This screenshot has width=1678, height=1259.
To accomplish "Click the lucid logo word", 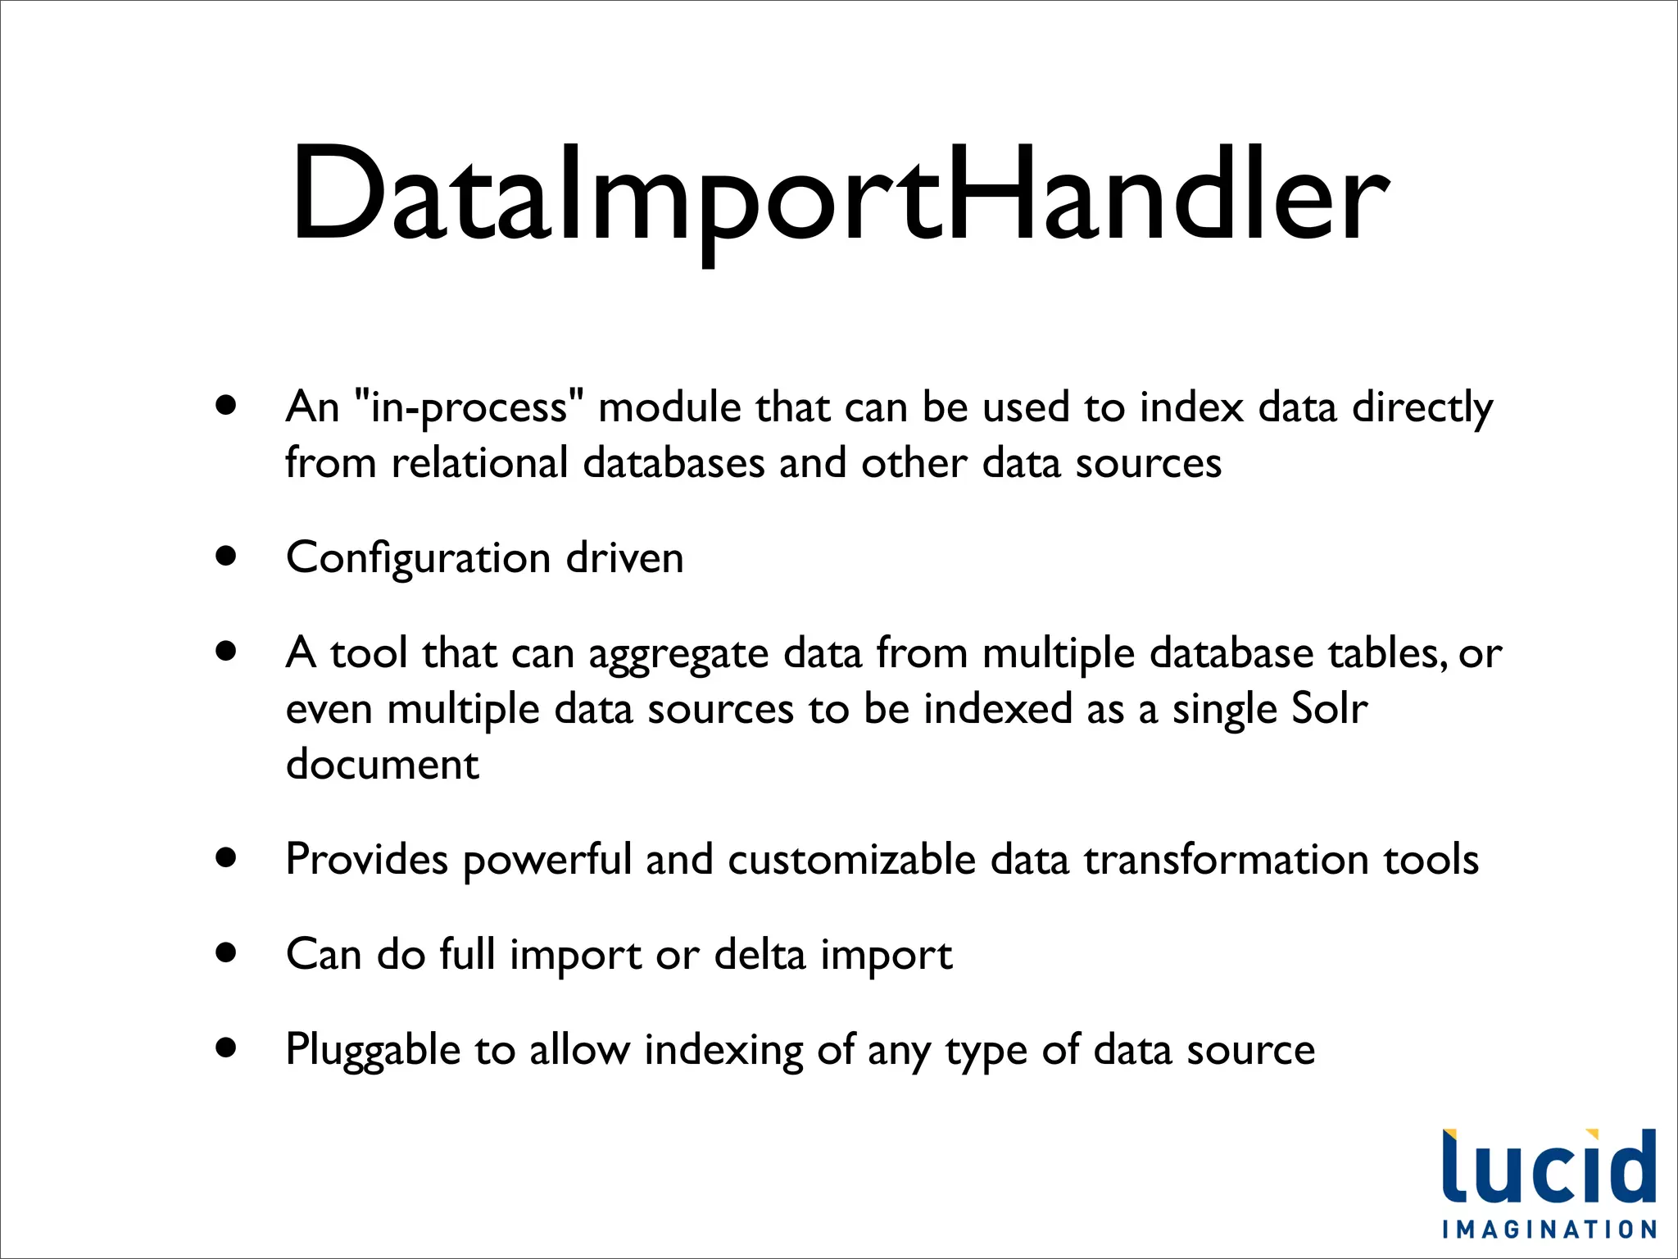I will [1549, 1167].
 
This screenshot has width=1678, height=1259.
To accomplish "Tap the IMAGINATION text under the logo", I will [1549, 1229].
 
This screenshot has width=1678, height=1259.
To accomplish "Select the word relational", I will [479, 463].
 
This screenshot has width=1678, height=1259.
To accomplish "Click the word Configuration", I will [417, 559].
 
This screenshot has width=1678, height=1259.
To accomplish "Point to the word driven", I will [624, 558].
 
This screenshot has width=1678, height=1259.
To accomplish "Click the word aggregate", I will [678, 656].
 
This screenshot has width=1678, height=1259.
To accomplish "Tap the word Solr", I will [1328, 709].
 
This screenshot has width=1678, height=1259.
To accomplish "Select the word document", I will [382, 765].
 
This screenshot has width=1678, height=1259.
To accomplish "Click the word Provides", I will [366, 860].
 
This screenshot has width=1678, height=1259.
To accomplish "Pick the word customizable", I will [851, 860].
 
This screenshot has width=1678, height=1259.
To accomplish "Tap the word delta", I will [760, 955].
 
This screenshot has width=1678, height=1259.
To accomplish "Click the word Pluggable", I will [373, 1051].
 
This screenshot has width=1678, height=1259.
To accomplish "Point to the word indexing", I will [723, 1051].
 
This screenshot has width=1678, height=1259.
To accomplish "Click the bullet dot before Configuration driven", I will [227, 557].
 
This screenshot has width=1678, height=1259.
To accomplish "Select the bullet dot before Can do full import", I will [227, 953].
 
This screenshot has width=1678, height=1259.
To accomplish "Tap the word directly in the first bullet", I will [1422, 408].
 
